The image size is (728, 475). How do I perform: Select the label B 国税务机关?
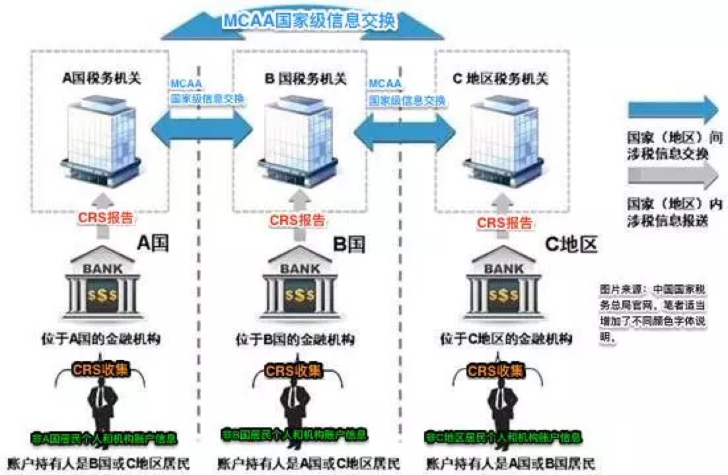tap(305, 79)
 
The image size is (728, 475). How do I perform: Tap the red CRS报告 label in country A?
tap(104, 216)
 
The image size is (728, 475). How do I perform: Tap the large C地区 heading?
tap(571, 245)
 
